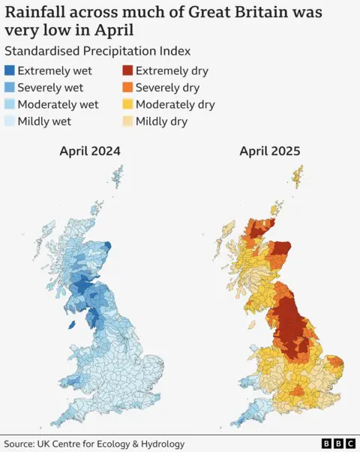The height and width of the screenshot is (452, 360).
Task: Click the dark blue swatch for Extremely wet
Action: pos(10,71)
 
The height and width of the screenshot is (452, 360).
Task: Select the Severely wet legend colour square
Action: pos(10,88)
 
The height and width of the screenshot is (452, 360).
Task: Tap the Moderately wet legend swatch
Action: pos(10,104)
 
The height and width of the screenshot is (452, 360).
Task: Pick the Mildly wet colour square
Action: pos(10,121)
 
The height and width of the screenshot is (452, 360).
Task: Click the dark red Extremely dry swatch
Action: pos(127,71)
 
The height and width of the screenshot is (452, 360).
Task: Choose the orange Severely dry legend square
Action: pos(127,88)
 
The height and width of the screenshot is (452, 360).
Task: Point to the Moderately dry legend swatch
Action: pos(127,104)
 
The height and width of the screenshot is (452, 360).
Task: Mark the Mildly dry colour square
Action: pos(127,121)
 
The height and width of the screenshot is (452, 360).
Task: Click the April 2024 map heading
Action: pos(90,151)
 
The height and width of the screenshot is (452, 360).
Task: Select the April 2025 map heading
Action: pos(269,151)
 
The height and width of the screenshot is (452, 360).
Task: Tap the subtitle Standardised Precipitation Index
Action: pos(97,52)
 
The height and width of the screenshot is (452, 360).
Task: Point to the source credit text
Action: pos(94,443)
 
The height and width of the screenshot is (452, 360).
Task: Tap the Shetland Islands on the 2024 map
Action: pos(117,177)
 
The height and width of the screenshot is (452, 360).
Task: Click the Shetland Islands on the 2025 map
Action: pos(298,177)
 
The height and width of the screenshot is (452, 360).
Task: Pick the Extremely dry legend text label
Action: pos(172,71)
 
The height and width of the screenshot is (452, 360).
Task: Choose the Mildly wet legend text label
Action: pos(44,121)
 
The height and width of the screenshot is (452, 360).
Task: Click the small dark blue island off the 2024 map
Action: pos(71,325)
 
